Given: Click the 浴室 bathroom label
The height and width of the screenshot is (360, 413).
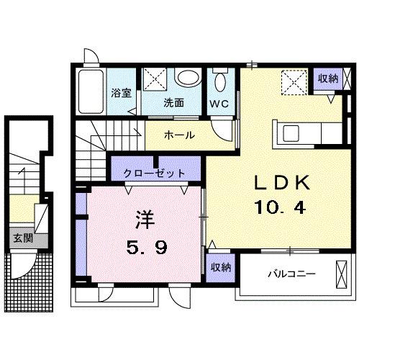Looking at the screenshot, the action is (x=121, y=93).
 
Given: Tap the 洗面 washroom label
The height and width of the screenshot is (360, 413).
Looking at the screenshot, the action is (x=174, y=103).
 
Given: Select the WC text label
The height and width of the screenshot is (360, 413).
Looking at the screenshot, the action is (x=219, y=104).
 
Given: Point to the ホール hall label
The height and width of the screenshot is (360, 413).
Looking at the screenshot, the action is (x=179, y=135).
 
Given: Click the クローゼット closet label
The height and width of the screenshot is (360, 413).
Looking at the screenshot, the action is (x=155, y=174).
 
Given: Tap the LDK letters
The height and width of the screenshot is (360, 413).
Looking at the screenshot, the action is (x=282, y=183).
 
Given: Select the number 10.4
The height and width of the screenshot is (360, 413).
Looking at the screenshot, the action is (x=280, y=207).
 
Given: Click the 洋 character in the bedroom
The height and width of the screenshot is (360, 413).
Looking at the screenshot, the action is (x=145, y=220).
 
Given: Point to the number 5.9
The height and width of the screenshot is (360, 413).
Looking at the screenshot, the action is (x=147, y=248).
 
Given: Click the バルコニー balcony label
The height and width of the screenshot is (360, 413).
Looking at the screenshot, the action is (x=291, y=274).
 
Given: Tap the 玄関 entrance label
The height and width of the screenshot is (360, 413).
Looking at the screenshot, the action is (x=23, y=238).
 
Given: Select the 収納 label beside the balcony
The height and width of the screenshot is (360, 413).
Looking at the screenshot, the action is (x=221, y=268).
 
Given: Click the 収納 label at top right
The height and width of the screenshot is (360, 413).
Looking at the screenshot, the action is (x=328, y=78).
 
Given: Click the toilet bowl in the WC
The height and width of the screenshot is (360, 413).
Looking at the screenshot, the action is (x=220, y=81).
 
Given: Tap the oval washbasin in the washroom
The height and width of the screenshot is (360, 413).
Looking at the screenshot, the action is (x=188, y=78).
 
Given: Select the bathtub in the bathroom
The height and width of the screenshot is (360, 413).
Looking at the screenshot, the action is (x=91, y=91).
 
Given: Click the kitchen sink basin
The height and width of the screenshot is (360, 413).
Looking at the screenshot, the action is (x=291, y=134).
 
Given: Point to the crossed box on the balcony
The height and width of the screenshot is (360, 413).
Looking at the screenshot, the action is (x=341, y=274).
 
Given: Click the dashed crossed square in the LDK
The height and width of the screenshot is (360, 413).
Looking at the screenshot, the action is (x=294, y=82).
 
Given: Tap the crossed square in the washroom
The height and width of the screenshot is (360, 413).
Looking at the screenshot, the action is (x=155, y=79).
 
